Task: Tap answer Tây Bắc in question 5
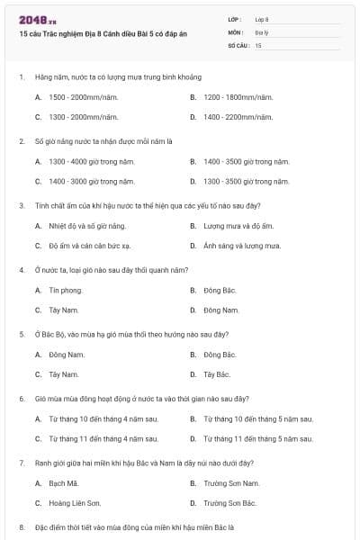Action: (x=217, y=373)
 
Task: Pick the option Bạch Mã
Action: (x=64, y=482)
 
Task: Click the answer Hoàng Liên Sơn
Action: (x=75, y=503)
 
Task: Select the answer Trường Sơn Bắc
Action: (x=230, y=503)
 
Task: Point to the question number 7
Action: (x=21, y=461)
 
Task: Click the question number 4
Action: (x=21, y=269)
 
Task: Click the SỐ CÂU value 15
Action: (x=258, y=44)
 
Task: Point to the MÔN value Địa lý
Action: (x=261, y=31)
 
